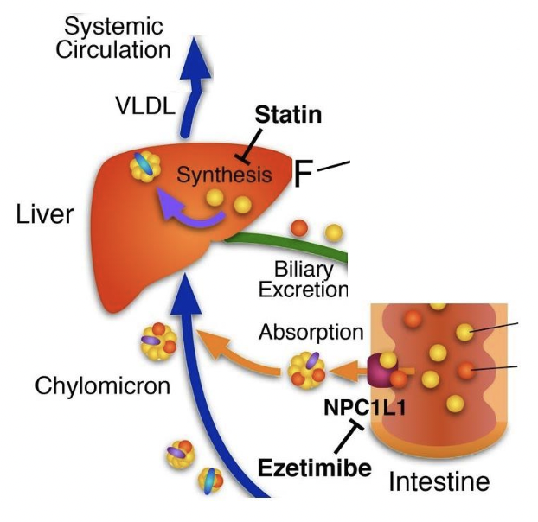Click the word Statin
click(288, 115)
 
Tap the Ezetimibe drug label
click(315, 468)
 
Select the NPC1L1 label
click(357, 406)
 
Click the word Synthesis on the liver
click(224, 175)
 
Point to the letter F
click(303, 175)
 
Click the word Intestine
click(439, 480)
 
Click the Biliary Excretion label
click(310, 278)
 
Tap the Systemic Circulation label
click(112, 38)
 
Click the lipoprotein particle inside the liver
click(144, 166)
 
